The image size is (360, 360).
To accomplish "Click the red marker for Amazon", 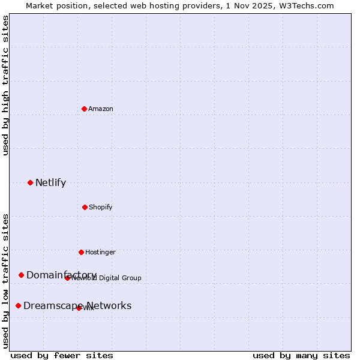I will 84,109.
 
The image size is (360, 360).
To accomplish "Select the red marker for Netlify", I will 30,182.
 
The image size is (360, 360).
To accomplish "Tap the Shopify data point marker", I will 85,207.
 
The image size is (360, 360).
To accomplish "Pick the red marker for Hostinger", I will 81,252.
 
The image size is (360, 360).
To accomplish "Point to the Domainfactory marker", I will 21,275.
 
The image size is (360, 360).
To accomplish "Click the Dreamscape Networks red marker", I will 18,305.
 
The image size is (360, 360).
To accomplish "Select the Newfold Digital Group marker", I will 67,278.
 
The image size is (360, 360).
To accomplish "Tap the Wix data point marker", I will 79,308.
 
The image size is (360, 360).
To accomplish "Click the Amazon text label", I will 101,109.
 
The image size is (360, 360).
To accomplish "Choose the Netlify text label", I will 50,183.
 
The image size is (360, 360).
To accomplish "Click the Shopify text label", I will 101,207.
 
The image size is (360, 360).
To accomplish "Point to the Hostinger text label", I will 100,252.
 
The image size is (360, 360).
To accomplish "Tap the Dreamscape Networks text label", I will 77,306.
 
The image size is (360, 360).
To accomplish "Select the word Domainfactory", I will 61,275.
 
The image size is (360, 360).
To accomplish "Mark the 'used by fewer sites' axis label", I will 62,355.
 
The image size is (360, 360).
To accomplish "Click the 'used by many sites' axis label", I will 301,355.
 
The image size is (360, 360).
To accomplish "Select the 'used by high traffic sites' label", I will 5,85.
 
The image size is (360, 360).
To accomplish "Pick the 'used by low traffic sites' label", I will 5,280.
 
